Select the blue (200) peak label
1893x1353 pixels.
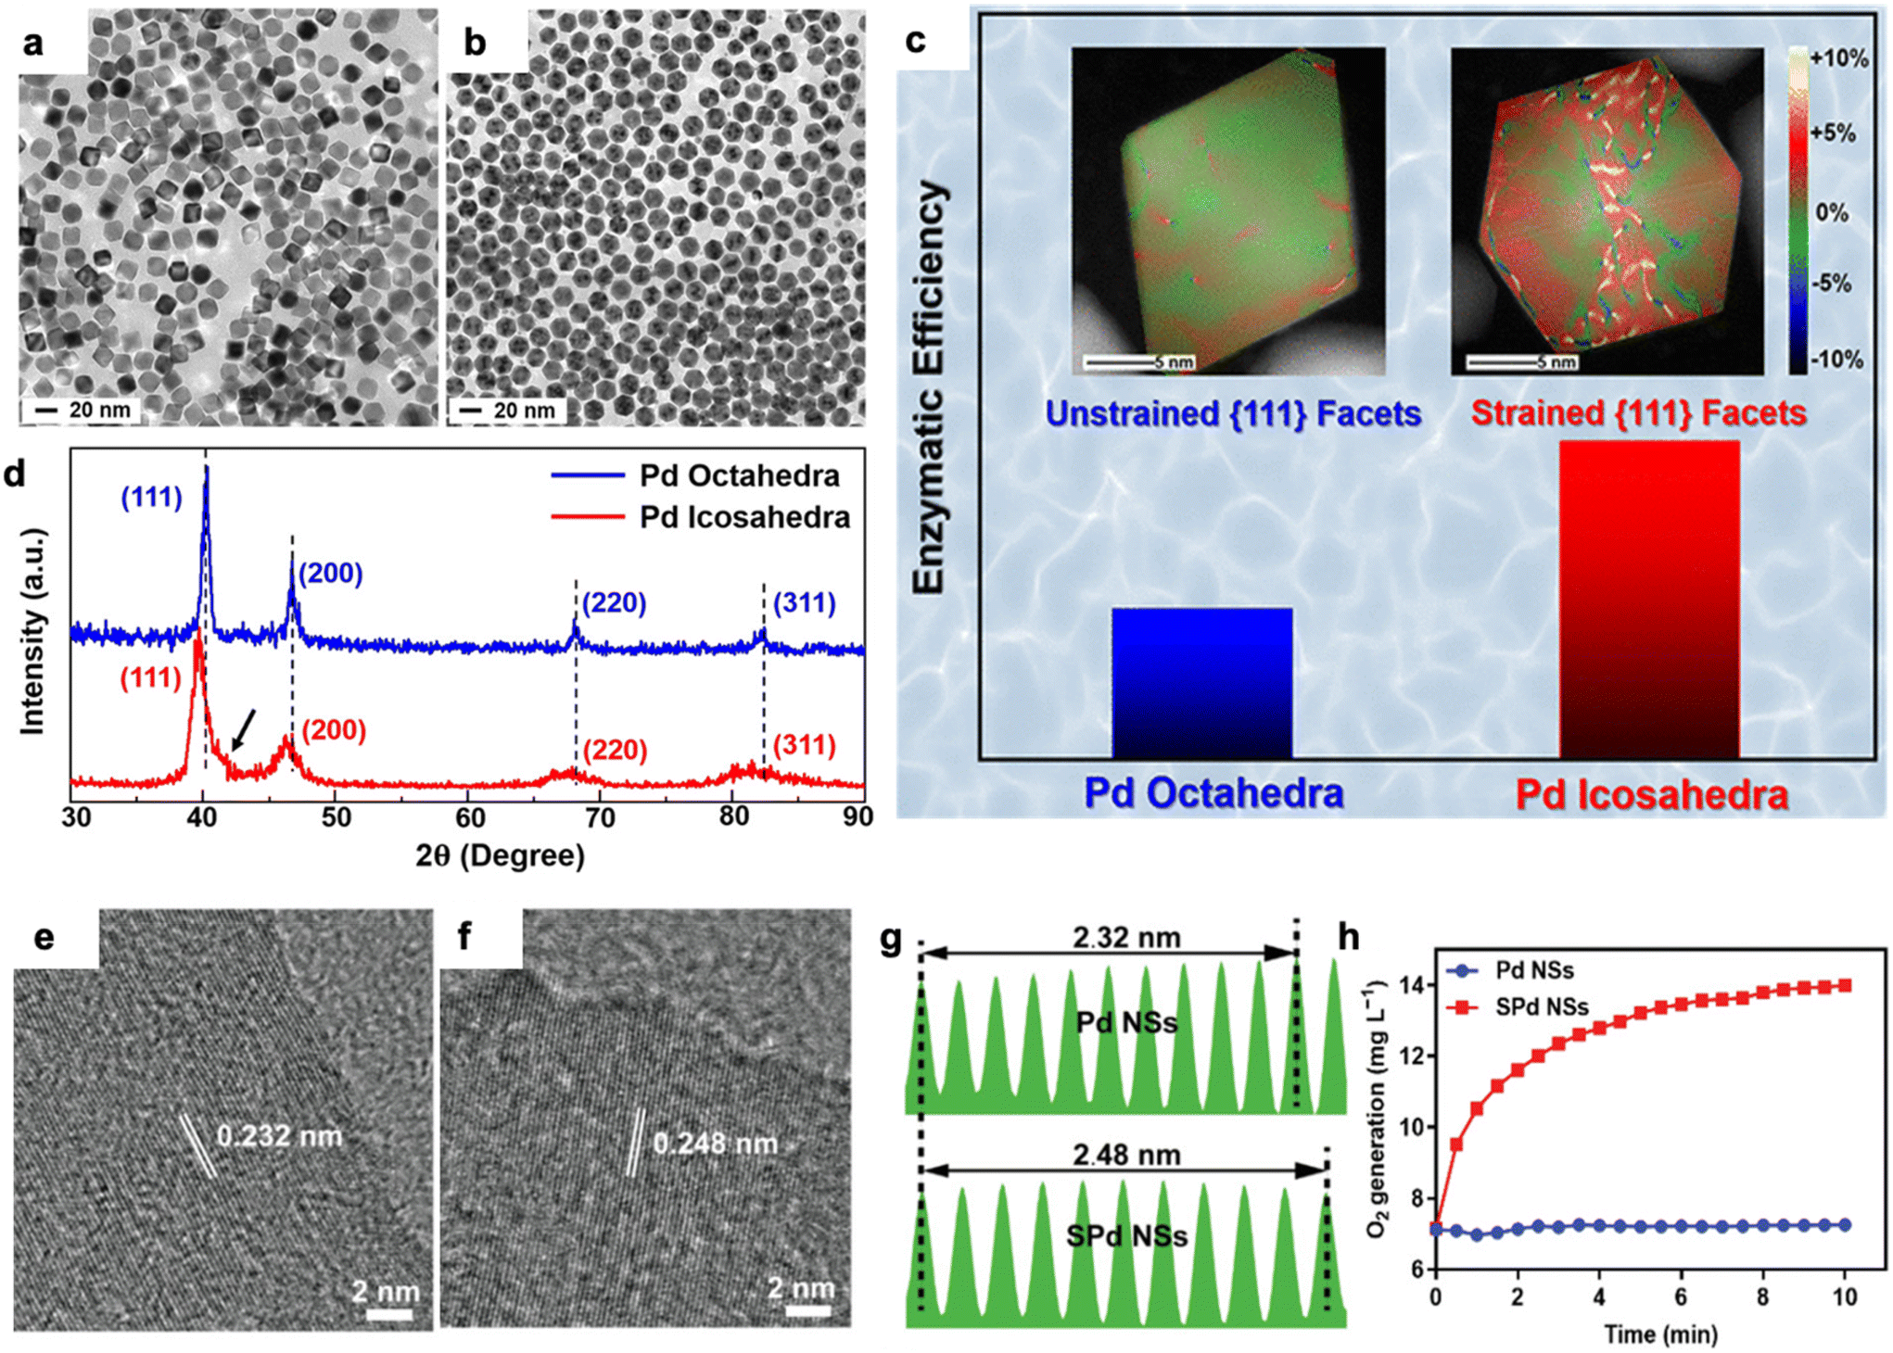(329, 574)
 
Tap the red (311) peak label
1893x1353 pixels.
(804, 745)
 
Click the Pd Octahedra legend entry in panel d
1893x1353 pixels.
(738, 475)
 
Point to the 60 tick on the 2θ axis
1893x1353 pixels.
(469, 817)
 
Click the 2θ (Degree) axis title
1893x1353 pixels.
(500, 855)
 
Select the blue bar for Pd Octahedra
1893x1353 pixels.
(1201, 683)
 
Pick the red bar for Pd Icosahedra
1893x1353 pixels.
(1648, 600)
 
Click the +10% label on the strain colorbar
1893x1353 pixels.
(1838, 58)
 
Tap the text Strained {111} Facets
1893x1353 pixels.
(1638, 413)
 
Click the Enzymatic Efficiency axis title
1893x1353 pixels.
(929, 387)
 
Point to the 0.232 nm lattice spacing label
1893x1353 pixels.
(279, 1136)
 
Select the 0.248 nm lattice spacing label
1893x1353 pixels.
(715, 1144)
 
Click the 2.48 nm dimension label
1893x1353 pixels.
(1126, 1156)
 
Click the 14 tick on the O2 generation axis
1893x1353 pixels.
(1417, 985)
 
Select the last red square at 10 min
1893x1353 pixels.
(1845, 985)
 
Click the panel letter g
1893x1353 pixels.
(891, 940)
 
